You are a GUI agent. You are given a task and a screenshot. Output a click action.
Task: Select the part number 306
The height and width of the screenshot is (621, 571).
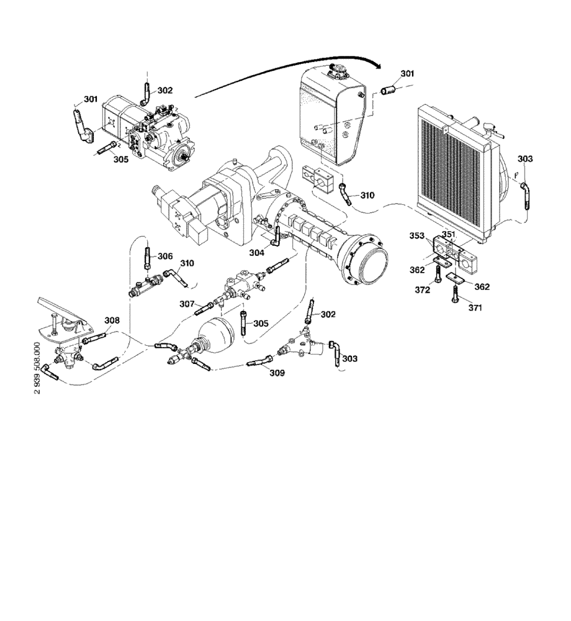tap(164, 256)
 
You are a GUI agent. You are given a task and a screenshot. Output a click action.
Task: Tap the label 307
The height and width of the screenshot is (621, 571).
tap(187, 304)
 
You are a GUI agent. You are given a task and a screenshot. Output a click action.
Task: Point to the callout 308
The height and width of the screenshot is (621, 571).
tap(112, 320)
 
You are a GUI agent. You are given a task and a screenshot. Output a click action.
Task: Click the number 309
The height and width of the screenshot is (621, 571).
tap(277, 373)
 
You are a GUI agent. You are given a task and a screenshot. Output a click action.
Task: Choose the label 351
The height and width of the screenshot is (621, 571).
tap(448, 234)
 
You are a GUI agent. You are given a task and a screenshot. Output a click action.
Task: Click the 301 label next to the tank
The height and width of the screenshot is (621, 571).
tap(407, 74)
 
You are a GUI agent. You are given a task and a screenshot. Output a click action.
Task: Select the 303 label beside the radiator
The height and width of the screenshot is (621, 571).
tap(524, 159)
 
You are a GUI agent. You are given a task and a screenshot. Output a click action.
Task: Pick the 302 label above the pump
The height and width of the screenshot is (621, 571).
tap(164, 90)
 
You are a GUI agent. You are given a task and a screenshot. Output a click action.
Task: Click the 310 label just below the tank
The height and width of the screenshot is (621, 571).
tap(367, 195)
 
